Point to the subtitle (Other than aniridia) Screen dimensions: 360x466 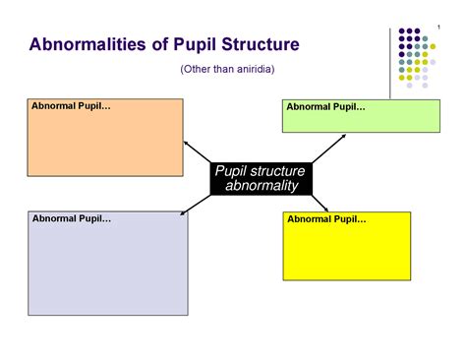227,69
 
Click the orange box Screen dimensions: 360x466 104,143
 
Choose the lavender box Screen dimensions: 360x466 107,268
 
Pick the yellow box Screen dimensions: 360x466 346,251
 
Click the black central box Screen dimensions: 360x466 261,179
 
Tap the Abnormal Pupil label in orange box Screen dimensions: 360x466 71,105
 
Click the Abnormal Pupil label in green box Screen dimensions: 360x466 325,106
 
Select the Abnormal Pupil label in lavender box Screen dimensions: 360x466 72,217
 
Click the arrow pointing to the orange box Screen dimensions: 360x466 198,153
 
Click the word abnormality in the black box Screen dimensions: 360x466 262,187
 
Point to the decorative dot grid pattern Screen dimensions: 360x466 418,57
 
